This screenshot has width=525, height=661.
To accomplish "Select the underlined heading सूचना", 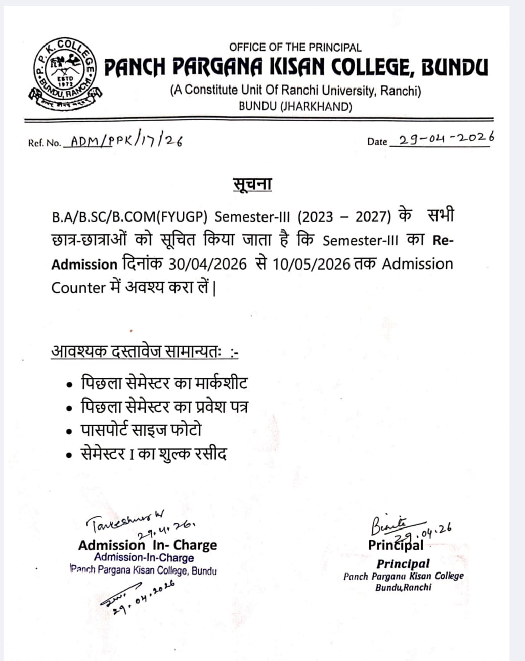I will click(252, 184).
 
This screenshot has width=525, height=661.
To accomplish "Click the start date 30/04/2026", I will click(207, 264).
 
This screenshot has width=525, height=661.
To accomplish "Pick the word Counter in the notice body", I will click(78, 287).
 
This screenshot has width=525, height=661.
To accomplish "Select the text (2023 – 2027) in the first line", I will click(344, 216).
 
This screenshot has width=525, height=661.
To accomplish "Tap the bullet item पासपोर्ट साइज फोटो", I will click(141, 430).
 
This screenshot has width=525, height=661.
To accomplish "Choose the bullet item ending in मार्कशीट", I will click(164, 383).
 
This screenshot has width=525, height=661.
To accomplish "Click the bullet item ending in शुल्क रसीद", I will click(154, 454).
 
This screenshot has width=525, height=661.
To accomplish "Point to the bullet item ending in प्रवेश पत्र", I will click(164, 407).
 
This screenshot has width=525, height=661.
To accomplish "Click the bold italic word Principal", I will click(403, 563).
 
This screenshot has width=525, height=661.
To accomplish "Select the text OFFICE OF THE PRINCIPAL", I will click(295, 48).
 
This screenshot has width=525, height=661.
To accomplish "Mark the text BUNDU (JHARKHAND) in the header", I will click(295, 107).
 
